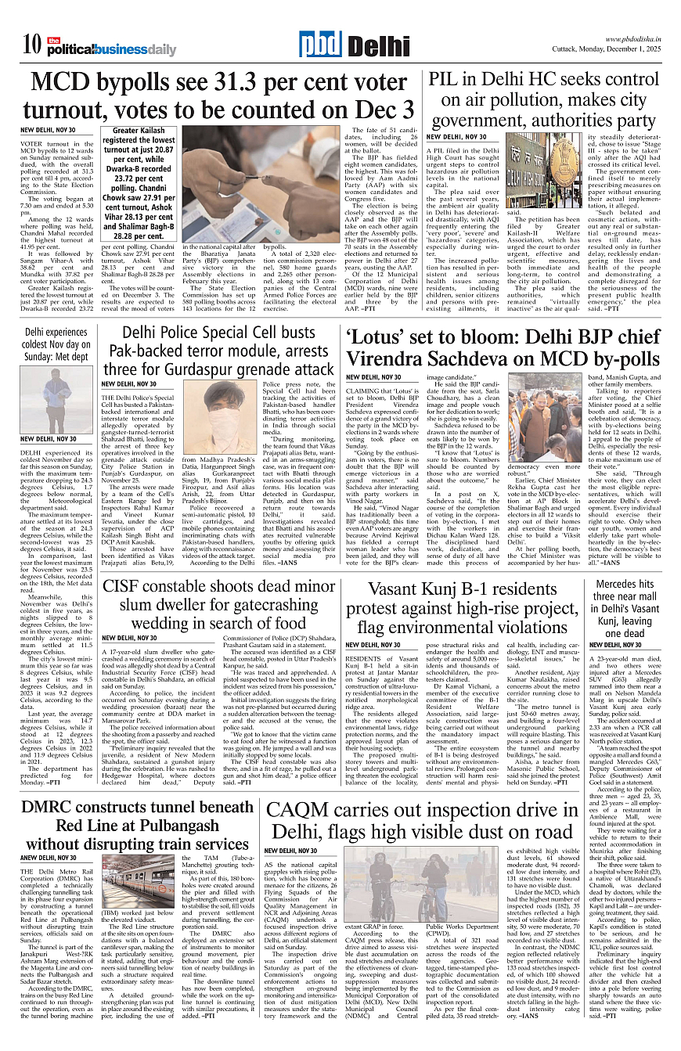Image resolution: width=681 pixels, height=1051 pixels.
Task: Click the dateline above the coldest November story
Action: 48,440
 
